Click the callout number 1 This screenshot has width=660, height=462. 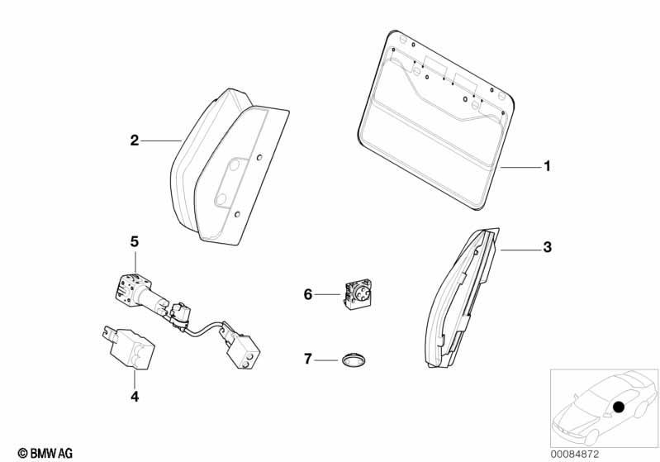pos(547,166)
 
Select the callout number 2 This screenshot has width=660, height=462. pos(135,141)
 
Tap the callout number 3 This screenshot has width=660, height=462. pos(547,247)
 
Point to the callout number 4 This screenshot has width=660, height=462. pos(135,397)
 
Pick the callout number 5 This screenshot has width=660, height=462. pos(135,241)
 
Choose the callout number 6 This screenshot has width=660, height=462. pos(307,295)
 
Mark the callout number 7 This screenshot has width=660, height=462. pos(307,360)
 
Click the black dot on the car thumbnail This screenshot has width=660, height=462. pos(619,407)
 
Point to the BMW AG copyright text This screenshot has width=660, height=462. pos(45,453)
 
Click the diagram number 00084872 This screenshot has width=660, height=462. pos(575,454)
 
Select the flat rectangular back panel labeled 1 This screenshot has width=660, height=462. pos(436,120)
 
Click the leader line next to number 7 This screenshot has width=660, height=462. pos(326,360)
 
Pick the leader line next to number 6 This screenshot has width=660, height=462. pos(328,294)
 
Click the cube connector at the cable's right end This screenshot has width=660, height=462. pos(244,352)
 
